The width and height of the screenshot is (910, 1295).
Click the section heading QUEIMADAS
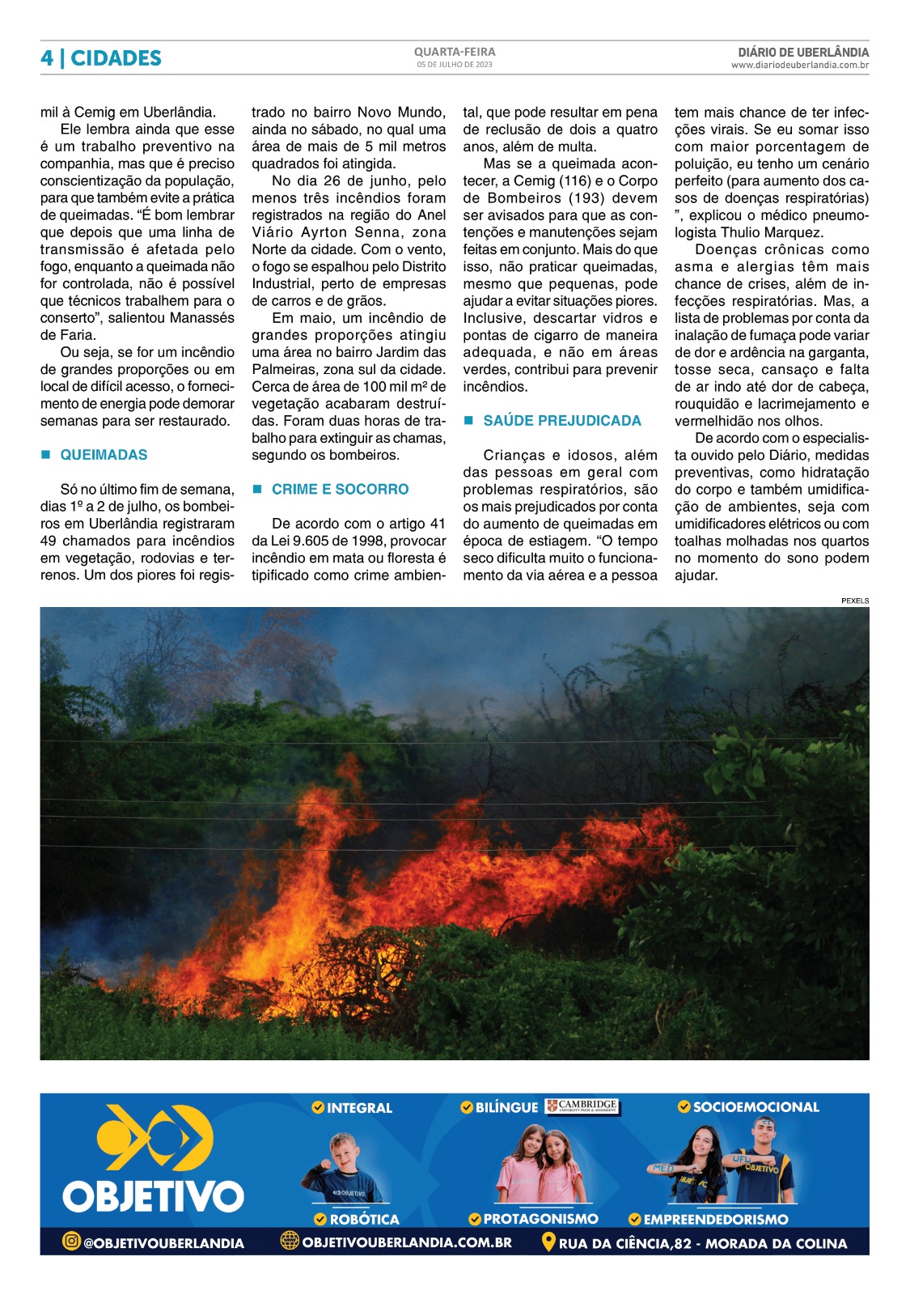point(104,455)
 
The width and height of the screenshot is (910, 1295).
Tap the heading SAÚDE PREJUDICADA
point(561,421)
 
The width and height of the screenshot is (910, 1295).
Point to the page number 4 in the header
point(47,58)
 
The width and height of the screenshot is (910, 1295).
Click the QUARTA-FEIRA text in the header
point(455,52)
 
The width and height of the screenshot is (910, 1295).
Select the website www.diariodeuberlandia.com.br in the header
point(799,66)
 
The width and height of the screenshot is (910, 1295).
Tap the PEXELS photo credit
point(854,601)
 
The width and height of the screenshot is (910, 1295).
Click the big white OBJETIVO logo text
point(153,1195)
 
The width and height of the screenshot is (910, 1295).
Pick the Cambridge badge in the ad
point(582,1106)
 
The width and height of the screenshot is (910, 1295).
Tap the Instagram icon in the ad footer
point(71,1241)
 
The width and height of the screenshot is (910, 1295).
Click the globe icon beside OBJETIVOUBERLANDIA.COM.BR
point(290,1241)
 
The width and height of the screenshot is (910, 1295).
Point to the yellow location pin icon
point(548,1242)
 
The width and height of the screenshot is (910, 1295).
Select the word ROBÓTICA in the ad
point(364,1219)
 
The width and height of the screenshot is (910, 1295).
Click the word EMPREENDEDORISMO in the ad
point(715,1219)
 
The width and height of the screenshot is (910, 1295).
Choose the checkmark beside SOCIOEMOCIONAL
point(684,1106)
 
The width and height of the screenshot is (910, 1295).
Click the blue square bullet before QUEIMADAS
point(46,455)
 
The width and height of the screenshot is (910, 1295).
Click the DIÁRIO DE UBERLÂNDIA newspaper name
point(803,52)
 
